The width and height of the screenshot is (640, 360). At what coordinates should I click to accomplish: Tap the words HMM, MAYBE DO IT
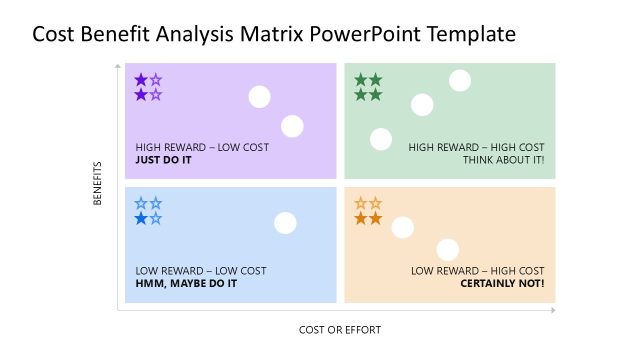186,283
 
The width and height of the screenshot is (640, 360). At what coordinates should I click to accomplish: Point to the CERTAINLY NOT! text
502,283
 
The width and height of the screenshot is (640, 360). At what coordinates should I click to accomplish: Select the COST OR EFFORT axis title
340,329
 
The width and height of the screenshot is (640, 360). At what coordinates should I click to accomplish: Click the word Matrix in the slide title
269,34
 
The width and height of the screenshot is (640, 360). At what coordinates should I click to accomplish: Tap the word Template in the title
471,34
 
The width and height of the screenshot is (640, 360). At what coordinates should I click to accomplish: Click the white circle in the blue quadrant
285,223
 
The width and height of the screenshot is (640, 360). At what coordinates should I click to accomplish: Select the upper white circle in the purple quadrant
260,97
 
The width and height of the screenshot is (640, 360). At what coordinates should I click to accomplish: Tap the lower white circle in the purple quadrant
292,126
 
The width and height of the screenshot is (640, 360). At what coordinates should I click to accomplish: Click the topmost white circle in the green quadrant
460,81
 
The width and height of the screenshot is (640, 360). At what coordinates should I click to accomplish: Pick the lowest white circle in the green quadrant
380,139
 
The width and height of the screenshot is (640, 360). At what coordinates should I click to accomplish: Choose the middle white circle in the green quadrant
422,104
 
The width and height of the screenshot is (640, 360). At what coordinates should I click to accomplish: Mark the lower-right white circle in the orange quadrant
447,250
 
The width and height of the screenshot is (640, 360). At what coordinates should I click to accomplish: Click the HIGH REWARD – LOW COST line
201,147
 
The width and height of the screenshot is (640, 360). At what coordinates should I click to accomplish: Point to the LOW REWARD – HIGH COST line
478,270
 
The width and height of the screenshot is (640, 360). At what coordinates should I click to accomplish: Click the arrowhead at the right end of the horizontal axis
553,311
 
